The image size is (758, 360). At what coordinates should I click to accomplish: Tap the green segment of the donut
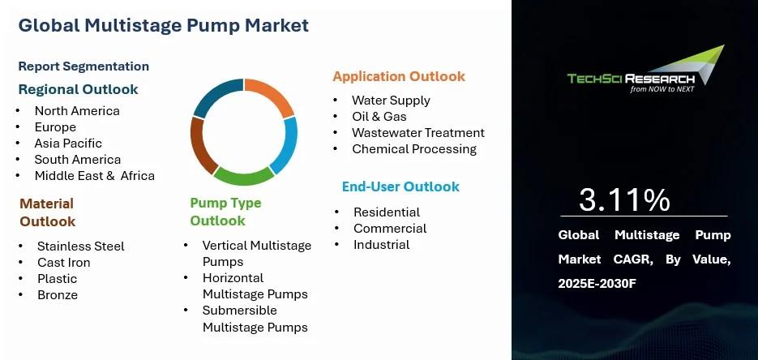(x=244, y=177)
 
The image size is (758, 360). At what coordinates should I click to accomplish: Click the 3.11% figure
(x=624, y=199)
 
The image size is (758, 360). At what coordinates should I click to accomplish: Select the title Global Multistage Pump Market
(x=164, y=25)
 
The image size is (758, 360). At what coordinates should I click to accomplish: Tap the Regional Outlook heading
(x=79, y=89)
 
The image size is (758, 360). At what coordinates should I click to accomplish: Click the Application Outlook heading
(x=399, y=76)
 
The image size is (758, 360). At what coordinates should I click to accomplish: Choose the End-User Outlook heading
(x=400, y=186)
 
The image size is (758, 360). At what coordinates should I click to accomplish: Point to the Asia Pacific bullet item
(x=68, y=144)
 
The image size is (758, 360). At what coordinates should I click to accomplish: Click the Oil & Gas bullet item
(x=379, y=117)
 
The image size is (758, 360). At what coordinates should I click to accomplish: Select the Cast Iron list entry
(x=64, y=263)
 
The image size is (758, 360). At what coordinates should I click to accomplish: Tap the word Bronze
(x=58, y=295)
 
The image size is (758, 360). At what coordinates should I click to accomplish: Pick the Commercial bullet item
(x=390, y=229)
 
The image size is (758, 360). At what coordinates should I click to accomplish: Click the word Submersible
(x=240, y=311)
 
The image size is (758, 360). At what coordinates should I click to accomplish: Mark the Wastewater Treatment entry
(x=418, y=133)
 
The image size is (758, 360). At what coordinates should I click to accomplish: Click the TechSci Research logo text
(x=631, y=79)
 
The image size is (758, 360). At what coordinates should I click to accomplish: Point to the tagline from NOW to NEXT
(x=662, y=89)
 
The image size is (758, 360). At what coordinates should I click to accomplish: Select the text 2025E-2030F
(x=597, y=284)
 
